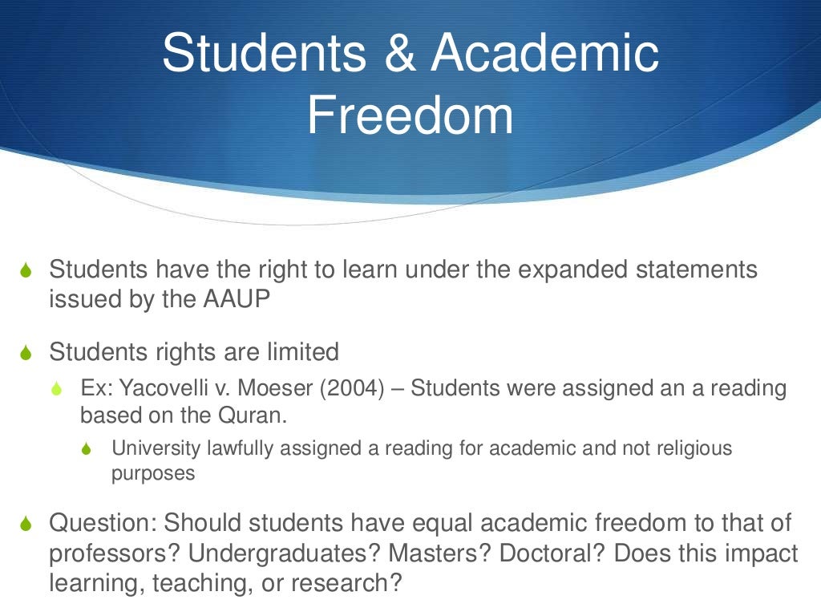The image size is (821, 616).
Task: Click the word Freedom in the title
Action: pyautogui.click(x=410, y=115)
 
